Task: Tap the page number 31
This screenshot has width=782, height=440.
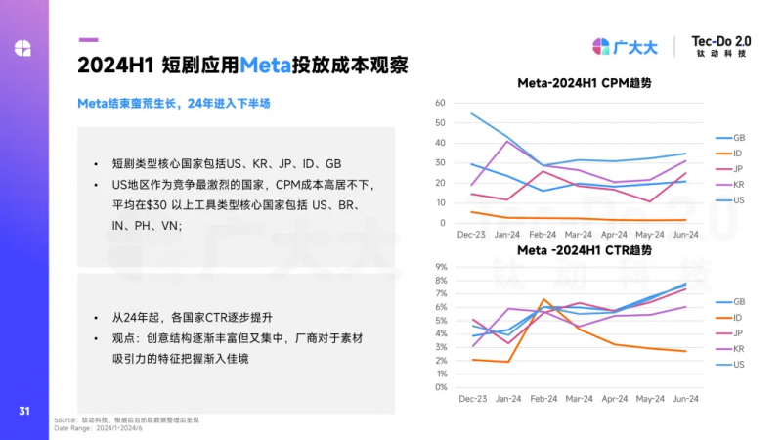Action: point(24,410)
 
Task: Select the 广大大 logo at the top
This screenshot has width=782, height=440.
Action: point(626,46)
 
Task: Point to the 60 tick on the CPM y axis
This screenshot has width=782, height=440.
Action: point(440,103)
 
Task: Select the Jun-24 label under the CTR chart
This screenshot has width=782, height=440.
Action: point(684,399)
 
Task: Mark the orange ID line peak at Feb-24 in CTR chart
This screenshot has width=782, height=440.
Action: point(544,299)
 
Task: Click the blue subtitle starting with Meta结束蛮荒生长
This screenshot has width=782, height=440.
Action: point(174,103)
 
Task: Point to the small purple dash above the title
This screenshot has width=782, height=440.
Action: point(88,40)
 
